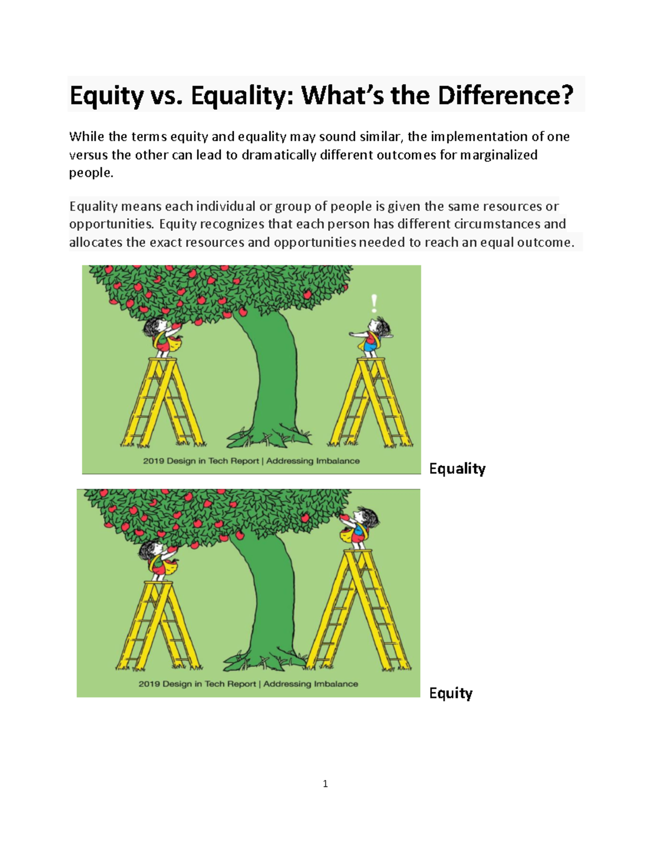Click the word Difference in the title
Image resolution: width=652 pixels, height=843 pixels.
505,96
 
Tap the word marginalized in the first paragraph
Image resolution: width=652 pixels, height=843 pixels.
499,155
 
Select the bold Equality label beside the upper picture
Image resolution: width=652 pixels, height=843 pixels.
457,468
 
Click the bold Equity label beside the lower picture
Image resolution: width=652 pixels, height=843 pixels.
450,693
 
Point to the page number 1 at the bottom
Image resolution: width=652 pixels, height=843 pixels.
325,783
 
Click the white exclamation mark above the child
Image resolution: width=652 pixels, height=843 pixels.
374,303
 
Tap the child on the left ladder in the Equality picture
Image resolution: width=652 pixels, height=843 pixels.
161,337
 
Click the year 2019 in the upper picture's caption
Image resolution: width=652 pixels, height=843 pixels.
153,461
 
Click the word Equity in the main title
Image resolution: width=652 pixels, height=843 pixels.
106,96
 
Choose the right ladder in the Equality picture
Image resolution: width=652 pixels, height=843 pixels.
372,404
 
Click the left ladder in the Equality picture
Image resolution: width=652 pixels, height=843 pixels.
163,404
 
